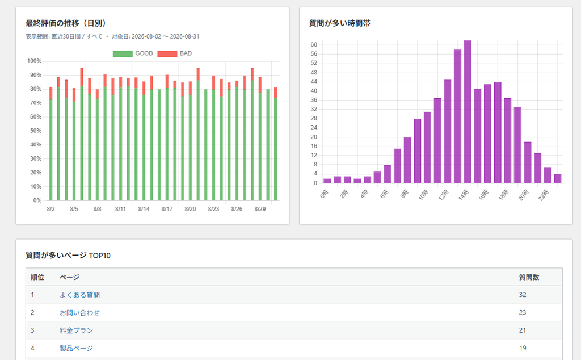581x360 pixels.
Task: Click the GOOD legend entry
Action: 133,53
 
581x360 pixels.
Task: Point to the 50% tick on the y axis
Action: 36,131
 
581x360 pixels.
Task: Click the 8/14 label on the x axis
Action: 144,209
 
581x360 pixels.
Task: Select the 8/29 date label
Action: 260,209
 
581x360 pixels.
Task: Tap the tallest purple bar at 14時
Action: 468,112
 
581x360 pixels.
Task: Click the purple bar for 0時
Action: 327,181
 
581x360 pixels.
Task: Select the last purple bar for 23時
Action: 558,179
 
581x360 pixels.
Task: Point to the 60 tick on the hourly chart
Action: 314,45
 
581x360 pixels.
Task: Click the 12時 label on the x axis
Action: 443,195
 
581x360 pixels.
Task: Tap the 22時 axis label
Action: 543,195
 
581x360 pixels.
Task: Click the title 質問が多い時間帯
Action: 340,23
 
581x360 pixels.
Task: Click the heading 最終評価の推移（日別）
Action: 66,23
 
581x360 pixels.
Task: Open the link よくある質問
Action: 79,295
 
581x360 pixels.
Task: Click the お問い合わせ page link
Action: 79,313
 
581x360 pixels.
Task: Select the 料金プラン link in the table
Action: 77,330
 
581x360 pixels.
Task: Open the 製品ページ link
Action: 77,349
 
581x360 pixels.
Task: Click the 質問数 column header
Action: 529,277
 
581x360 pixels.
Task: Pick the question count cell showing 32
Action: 523,295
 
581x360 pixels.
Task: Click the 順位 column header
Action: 37,277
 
